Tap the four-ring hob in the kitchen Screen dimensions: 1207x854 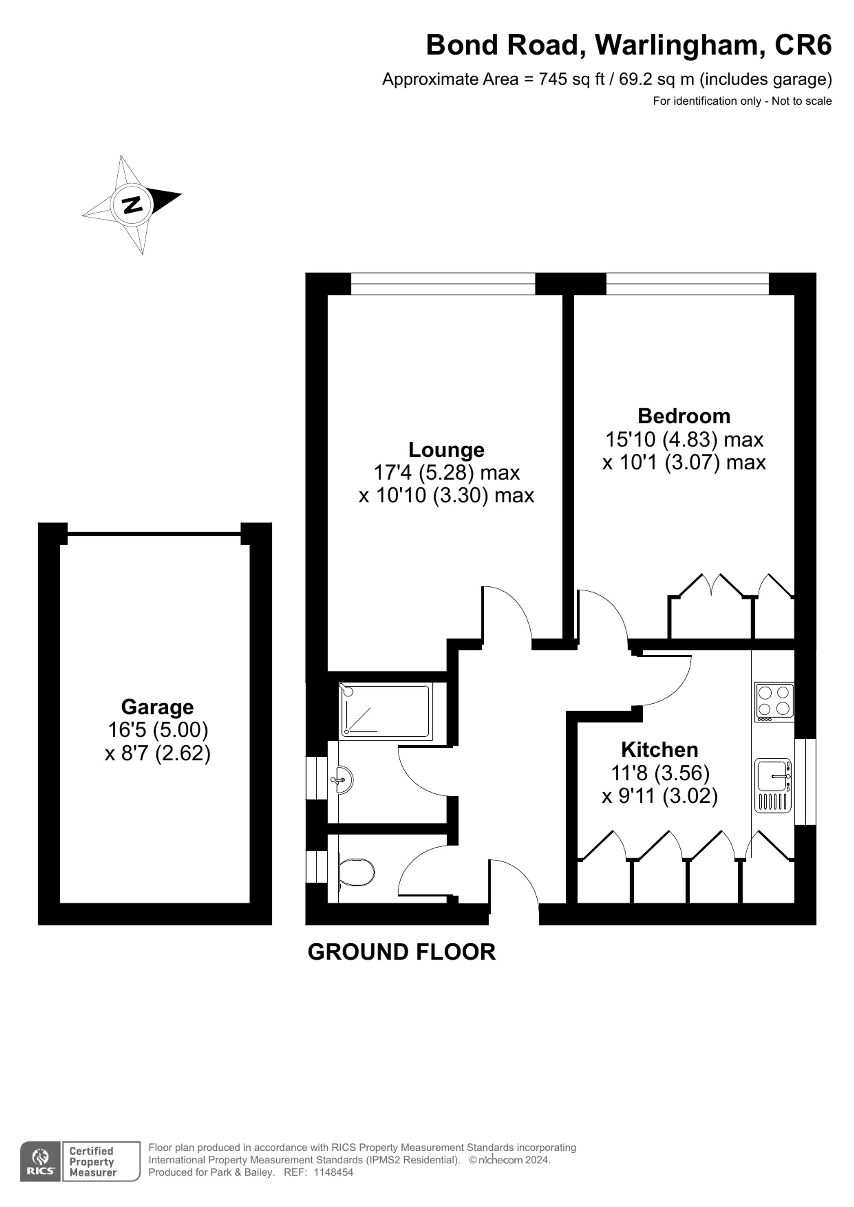(774, 702)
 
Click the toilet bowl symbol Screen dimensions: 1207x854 (357, 873)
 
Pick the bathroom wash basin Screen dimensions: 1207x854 (343, 779)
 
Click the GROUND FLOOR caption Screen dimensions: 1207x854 (401, 952)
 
